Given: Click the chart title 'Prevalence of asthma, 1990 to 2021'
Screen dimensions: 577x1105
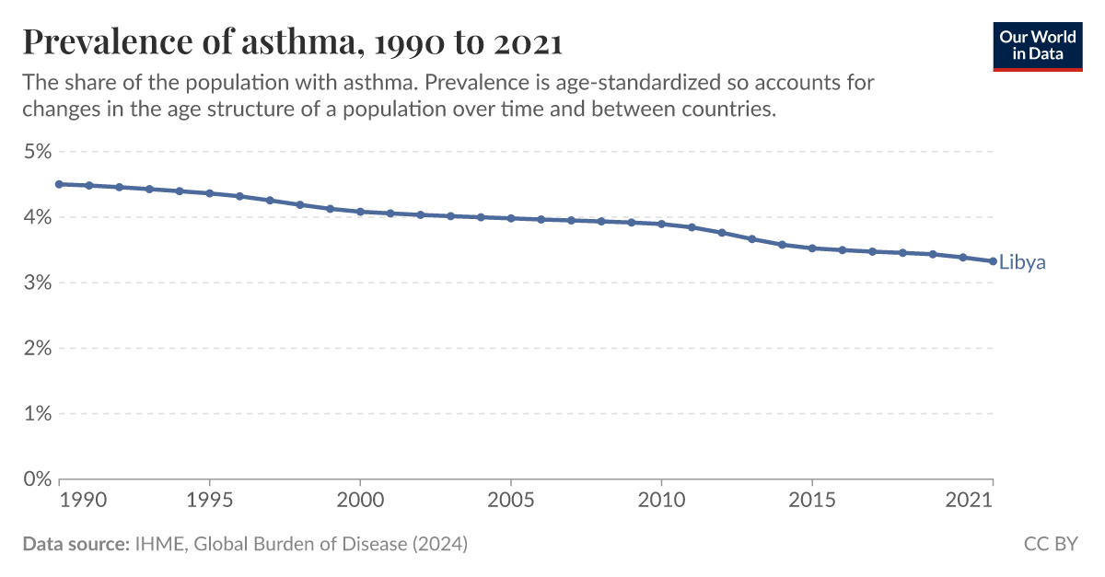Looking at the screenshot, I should point(292,41).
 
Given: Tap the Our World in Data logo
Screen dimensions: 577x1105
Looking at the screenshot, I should point(1037,45).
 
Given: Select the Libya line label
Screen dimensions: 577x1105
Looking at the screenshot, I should point(1022,263).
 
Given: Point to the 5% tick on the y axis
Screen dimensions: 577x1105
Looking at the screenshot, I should point(37,152).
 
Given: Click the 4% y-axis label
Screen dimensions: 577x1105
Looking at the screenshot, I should point(37,217).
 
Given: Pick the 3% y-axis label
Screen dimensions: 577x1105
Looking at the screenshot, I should point(37,283).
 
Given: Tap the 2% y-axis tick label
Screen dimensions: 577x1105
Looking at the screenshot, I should point(37,348).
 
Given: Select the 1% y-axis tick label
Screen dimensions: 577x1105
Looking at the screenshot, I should point(37,413).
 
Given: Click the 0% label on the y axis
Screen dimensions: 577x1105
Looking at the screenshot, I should point(37,479).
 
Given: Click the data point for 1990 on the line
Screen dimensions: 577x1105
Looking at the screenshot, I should point(59,184).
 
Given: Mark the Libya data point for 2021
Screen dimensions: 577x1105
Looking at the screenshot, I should point(993,261).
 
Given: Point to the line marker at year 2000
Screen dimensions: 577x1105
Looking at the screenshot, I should point(360,212).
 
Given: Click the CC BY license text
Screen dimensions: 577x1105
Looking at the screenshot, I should point(1050,544).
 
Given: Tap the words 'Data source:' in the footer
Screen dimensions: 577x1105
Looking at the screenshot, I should point(76,544).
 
